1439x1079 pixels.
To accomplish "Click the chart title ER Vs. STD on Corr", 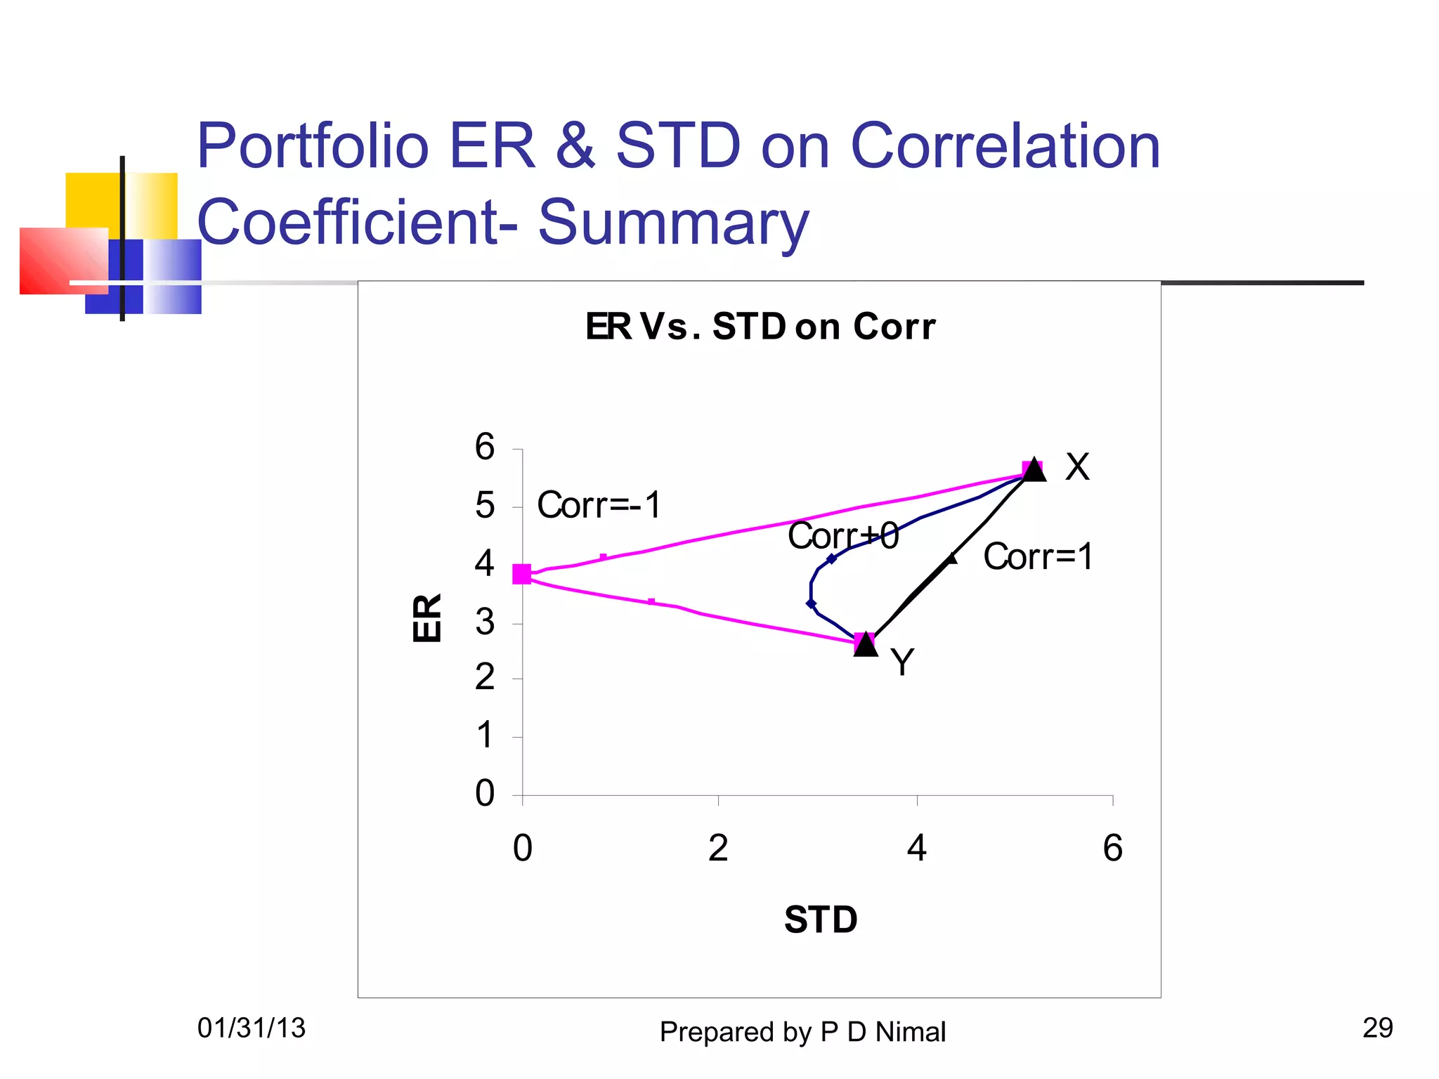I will (x=760, y=327).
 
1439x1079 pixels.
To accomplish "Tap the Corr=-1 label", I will (x=599, y=505).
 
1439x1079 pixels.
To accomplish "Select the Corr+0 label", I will (x=842, y=536).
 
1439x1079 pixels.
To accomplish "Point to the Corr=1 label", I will (x=1038, y=556).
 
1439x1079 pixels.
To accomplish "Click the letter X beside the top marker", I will (x=1077, y=467).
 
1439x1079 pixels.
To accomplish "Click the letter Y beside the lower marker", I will (x=902, y=662).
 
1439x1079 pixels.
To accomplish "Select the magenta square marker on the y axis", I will (x=522, y=574).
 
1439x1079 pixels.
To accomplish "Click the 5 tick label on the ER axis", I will (x=485, y=506).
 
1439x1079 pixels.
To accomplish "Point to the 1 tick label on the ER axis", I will (x=485, y=736).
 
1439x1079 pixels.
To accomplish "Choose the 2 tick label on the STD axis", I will (x=717, y=848).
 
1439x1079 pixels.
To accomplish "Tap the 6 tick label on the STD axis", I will (x=1112, y=848).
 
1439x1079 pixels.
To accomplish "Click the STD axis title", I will (x=821, y=920).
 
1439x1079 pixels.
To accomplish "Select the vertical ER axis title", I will (x=427, y=617).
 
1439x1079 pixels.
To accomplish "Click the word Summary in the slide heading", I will (x=673, y=222).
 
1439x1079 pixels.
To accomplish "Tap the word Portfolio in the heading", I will (x=313, y=146).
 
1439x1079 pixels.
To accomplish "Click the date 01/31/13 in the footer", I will (x=251, y=1028).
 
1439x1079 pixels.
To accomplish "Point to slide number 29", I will (x=1377, y=1028).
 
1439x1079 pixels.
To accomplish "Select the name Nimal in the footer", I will (x=910, y=1032).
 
